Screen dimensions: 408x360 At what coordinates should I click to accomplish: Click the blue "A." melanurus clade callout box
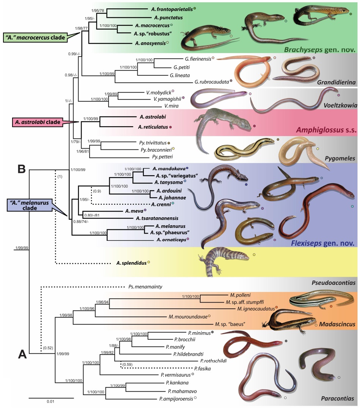pyautogui.click(x=29, y=205)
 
